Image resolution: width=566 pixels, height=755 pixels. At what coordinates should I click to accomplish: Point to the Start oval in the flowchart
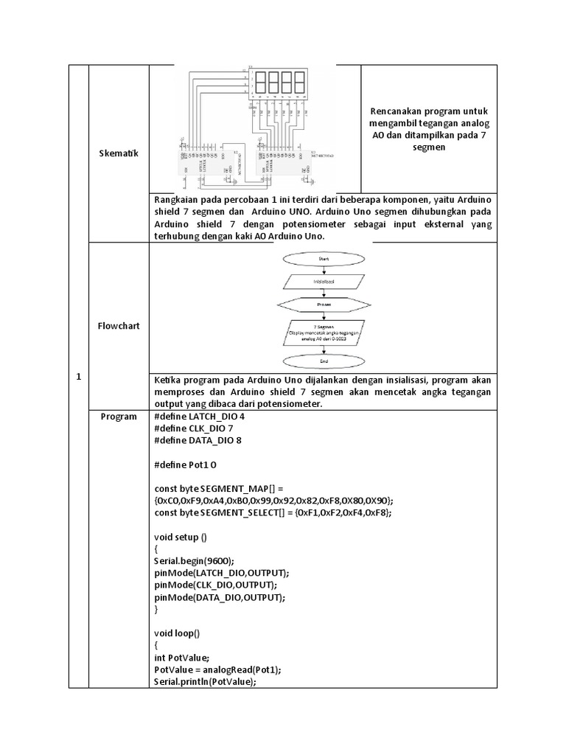coord(323,260)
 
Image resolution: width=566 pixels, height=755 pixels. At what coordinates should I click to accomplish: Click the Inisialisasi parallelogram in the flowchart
coord(323,281)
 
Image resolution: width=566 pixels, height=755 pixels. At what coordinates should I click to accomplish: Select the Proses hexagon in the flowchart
coord(323,304)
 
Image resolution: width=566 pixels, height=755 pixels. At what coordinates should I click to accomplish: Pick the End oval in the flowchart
coord(323,361)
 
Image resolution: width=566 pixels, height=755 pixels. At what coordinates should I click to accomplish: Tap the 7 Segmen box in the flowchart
coord(323,331)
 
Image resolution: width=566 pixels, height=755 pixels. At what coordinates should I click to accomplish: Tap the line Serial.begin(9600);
coord(195,560)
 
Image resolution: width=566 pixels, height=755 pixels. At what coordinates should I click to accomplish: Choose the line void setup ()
coord(181,537)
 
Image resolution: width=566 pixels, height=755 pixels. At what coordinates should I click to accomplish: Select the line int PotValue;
coord(182,657)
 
